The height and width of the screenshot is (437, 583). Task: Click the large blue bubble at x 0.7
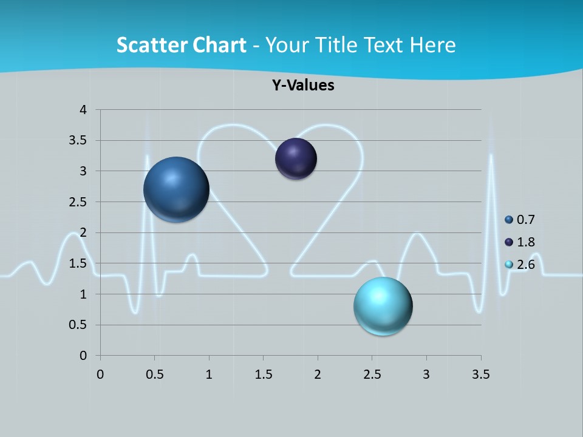coord(176,189)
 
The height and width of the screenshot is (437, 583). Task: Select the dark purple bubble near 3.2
coord(296,159)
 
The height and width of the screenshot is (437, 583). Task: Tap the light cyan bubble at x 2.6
coord(383,306)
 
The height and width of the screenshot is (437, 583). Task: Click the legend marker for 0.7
coord(509,220)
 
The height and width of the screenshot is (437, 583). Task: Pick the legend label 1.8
coord(525,242)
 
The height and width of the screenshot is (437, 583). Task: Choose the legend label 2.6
coord(525,265)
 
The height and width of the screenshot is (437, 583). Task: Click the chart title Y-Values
coord(303,85)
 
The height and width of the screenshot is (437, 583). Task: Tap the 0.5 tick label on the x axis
coord(154,374)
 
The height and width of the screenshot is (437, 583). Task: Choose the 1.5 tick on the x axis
coord(263,374)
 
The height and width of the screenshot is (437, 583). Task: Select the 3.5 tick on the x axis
coord(480,374)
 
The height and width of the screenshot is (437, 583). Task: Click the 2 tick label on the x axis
coord(318,374)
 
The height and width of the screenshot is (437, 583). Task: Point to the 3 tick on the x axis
coord(426,374)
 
